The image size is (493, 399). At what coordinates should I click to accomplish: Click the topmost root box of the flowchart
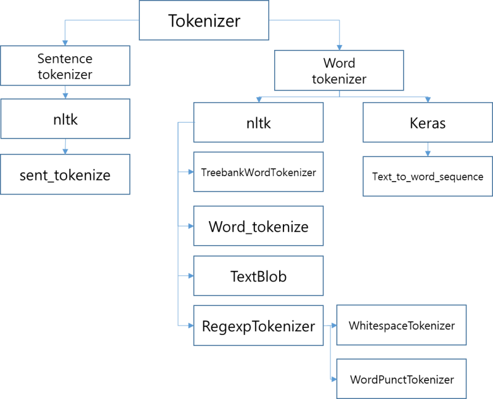[x=203, y=20]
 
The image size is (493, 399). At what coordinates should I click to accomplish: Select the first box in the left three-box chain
[x=65, y=65]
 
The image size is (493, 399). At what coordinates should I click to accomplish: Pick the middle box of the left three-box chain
[x=65, y=118]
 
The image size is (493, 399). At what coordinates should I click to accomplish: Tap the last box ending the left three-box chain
[x=65, y=174]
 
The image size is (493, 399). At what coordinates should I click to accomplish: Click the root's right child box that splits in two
[x=338, y=70]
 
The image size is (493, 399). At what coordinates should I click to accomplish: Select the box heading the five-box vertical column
[x=258, y=122]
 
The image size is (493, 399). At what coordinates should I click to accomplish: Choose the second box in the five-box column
[x=258, y=172]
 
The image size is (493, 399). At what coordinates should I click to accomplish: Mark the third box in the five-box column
[x=258, y=225]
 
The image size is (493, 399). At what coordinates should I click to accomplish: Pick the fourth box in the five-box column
[x=258, y=276]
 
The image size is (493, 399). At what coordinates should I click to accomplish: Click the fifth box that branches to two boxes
[x=258, y=325]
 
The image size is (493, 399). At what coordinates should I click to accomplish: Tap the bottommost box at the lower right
[x=401, y=379]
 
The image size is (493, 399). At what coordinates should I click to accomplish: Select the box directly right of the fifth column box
[x=401, y=325]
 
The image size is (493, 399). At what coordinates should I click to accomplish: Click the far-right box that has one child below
[x=427, y=122]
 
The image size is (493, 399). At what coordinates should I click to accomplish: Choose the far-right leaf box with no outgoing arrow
[x=427, y=176]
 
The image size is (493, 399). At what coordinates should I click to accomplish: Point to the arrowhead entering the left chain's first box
[x=65, y=42]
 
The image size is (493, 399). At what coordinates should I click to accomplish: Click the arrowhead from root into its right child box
[x=339, y=47]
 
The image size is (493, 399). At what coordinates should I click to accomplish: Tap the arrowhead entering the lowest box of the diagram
[x=333, y=379]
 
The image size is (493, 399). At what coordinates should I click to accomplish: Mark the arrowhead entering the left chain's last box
[x=65, y=151]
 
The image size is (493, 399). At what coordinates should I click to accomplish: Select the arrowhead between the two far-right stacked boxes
[x=427, y=153]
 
